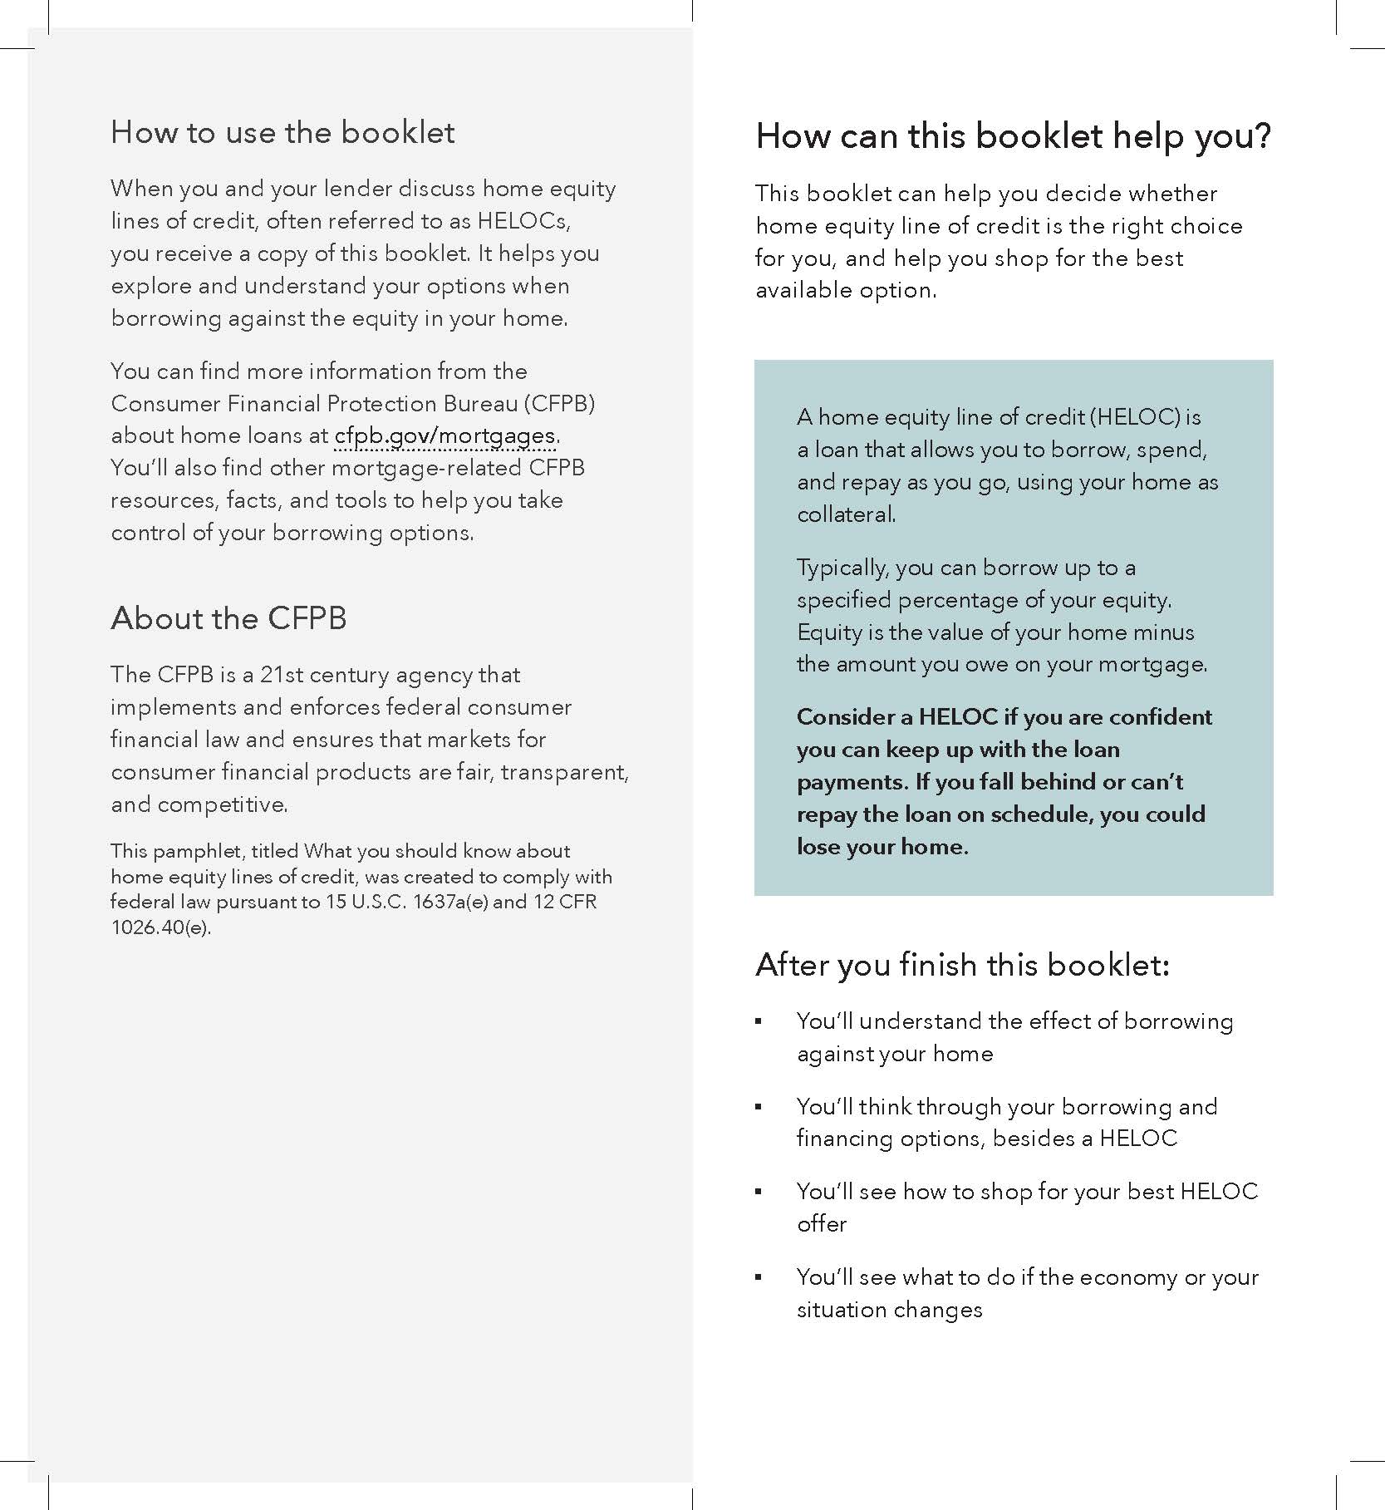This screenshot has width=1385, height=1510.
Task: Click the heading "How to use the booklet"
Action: click(282, 133)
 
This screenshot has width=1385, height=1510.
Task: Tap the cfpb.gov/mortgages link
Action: click(444, 435)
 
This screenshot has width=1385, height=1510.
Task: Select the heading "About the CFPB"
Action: click(228, 618)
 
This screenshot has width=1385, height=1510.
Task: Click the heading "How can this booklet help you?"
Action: click(1013, 136)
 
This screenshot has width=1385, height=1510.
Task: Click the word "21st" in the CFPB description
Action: click(282, 674)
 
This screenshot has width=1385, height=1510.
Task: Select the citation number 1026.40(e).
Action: click(161, 927)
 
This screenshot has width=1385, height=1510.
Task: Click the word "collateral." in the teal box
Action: click(846, 514)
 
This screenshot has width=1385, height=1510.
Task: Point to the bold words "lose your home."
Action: click(882, 847)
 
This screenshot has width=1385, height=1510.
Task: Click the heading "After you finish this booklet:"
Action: click(962, 965)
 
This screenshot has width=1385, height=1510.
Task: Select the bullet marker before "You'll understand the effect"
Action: click(759, 1021)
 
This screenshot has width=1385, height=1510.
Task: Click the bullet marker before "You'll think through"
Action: click(759, 1107)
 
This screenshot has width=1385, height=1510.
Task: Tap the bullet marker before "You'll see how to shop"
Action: click(759, 1192)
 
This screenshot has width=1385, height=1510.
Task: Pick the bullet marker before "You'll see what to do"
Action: click(759, 1277)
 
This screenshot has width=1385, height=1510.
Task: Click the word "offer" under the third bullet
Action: click(822, 1224)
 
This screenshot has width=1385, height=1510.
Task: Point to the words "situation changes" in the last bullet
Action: click(889, 1310)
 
